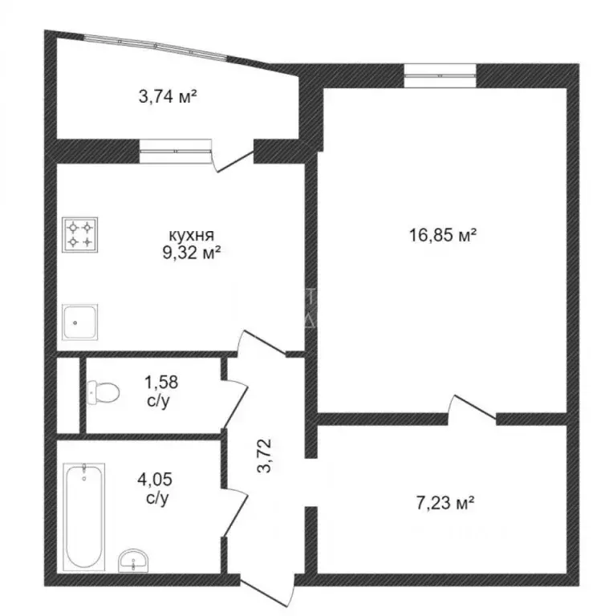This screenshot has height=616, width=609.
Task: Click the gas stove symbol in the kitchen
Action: pyautogui.click(x=79, y=234)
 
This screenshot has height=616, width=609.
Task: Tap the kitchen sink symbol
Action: pyautogui.click(x=79, y=322)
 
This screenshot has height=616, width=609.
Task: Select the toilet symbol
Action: pyautogui.click(x=104, y=392)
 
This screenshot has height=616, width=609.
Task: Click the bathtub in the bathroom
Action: pyautogui.click(x=84, y=517)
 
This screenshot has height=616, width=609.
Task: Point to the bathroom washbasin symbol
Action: pyautogui.click(x=133, y=561)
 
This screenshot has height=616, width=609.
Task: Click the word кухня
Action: pyautogui.click(x=191, y=235)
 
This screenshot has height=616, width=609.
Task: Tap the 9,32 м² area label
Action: pyautogui.click(x=191, y=253)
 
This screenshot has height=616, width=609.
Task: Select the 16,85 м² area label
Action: pyautogui.click(x=443, y=235)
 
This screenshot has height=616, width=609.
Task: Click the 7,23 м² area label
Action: pyautogui.click(x=445, y=503)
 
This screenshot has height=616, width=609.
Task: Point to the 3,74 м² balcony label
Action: pyautogui.click(x=168, y=96)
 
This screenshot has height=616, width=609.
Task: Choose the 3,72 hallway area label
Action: pyautogui.click(x=265, y=456)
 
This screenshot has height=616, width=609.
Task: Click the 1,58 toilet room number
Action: pyautogui.click(x=161, y=382)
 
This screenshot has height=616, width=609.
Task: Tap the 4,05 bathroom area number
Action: pyautogui.click(x=155, y=480)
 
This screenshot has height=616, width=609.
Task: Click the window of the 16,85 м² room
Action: pyautogui.click(x=440, y=75)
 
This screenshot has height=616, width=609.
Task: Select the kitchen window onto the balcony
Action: pyautogui.click(x=176, y=151)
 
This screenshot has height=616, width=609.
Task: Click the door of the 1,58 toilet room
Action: pyautogui.click(x=236, y=403)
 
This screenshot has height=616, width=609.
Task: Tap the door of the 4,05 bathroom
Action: pyautogui.click(x=235, y=513)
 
